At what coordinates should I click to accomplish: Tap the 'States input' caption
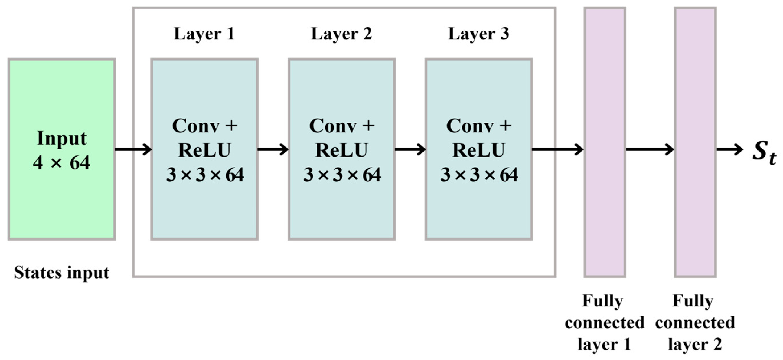[x=61, y=273]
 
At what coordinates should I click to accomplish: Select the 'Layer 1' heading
[x=204, y=34]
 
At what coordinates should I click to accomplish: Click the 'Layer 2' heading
[x=341, y=34]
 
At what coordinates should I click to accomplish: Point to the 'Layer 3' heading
[x=478, y=34]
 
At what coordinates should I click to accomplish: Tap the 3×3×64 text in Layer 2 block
[x=342, y=175]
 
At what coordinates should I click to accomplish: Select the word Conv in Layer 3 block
[x=470, y=126]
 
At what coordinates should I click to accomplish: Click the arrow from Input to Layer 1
[x=133, y=149]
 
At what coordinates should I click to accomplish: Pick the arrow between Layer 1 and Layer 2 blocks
[x=273, y=149]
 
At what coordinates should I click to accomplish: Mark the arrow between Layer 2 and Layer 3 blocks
[x=410, y=149]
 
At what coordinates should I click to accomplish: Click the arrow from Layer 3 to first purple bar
[x=557, y=149]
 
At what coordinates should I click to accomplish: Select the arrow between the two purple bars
[x=650, y=149]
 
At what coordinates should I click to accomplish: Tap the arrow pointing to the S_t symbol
[x=729, y=149]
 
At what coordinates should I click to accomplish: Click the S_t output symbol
[x=764, y=152]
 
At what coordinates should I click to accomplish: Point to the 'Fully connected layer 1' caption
[x=604, y=322]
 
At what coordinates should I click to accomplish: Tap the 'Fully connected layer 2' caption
[x=695, y=322]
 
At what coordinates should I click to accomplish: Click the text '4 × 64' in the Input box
[x=61, y=163]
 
